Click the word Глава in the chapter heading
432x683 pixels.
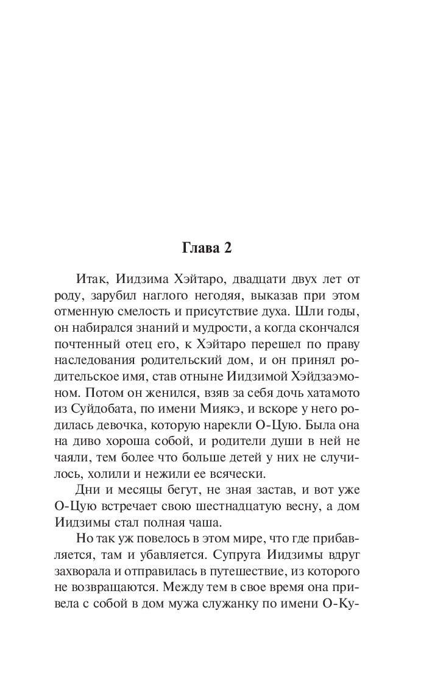click(x=201, y=248)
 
